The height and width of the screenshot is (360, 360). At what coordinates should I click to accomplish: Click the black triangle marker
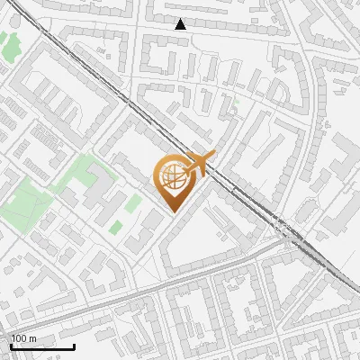click(181, 24)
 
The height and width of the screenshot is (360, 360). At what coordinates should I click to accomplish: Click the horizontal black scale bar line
click(42, 346)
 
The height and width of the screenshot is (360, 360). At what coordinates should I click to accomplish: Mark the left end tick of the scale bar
click(11, 345)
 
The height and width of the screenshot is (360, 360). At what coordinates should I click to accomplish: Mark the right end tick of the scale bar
click(74, 345)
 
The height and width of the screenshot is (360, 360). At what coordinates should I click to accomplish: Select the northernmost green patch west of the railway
click(11, 42)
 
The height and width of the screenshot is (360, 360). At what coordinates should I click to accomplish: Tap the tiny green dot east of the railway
click(237, 104)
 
